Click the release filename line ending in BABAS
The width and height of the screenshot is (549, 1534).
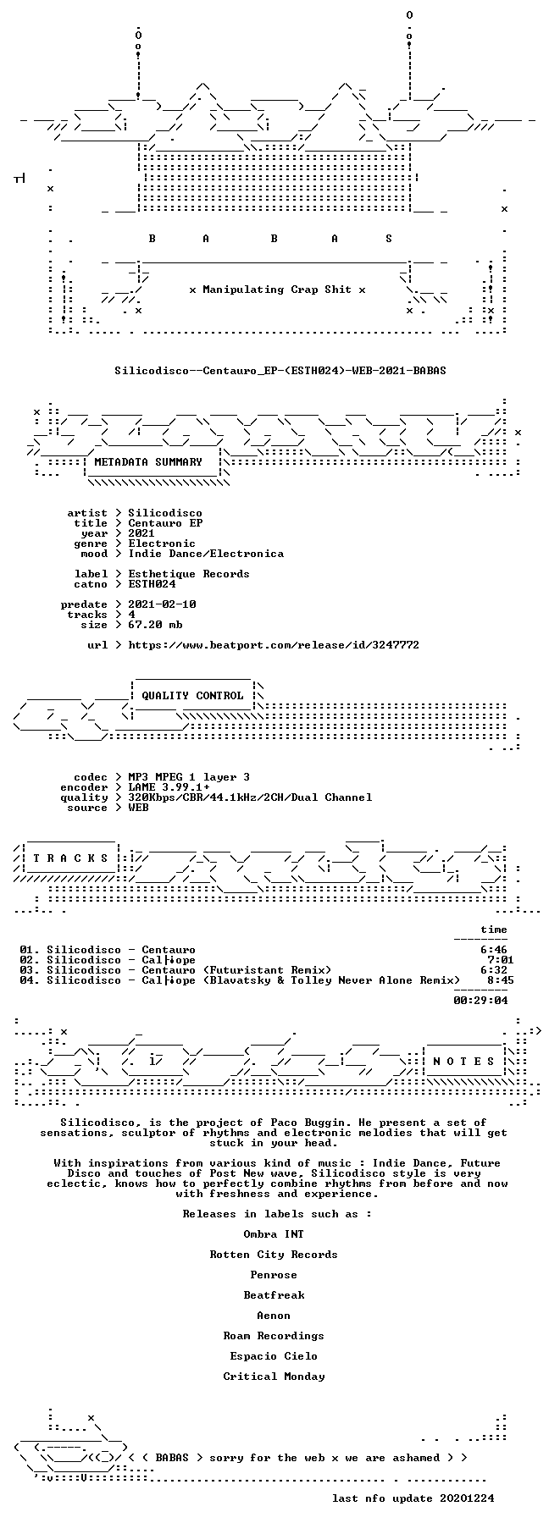click(280, 370)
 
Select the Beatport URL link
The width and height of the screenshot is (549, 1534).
click(274, 645)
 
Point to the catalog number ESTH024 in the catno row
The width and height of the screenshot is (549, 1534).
click(152, 584)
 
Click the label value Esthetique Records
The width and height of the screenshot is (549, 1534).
click(189, 574)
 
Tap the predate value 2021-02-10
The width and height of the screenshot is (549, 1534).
click(162, 604)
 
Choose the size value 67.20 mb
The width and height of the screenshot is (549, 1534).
click(155, 625)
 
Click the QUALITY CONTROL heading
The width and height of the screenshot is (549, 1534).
click(192, 696)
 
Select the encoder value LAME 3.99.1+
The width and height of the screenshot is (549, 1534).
click(169, 787)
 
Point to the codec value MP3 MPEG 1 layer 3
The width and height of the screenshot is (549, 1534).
click(189, 777)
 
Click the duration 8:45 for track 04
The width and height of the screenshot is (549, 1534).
click(500, 980)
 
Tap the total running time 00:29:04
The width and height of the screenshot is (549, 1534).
click(480, 1001)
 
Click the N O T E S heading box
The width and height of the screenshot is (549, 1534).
click(463, 1062)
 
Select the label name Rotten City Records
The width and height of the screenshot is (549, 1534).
click(274, 1255)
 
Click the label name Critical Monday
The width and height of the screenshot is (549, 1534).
click(274, 1377)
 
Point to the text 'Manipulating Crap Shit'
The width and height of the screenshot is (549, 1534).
click(277, 290)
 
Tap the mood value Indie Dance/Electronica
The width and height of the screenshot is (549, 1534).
click(206, 554)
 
